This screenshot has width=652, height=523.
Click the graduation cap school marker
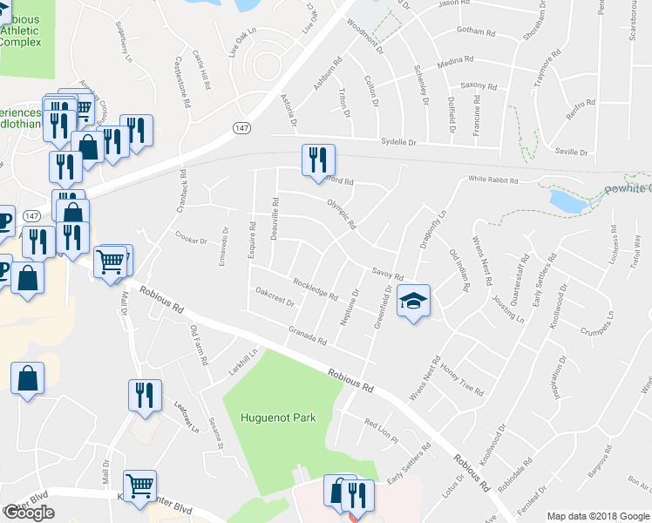pyautogui.click(x=414, y=301)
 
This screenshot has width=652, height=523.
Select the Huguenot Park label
pyautogui.click(x=278, y=417)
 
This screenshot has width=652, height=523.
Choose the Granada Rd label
pyautogui.click(x=307, y=335)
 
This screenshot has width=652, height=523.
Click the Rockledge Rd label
pyautogui.click(x=316, y=288)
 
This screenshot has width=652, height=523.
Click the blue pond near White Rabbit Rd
pyautogui.click(x=567, y=201)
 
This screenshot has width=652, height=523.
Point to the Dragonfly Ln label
pyautogui.click(x=432, y=229)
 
